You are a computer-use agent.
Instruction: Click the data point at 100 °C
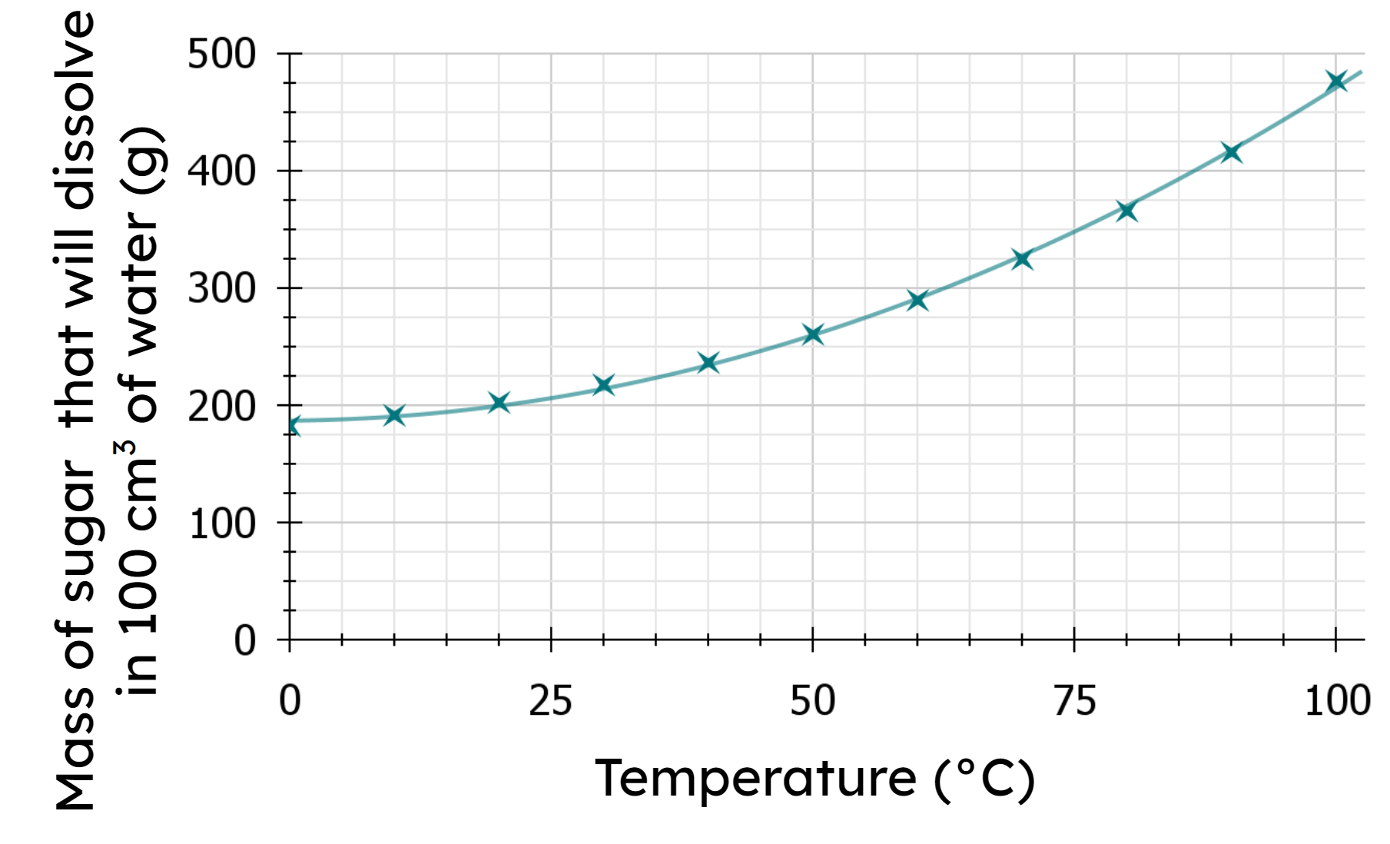click(1336, 81)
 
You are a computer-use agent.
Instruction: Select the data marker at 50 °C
click(813, 334)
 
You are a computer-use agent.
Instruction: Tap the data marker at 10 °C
click(394, 416)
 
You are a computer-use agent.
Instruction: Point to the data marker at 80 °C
click(1126, 211)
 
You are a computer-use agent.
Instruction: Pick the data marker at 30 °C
click(604, 385)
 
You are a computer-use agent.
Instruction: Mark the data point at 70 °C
click(1021, 259)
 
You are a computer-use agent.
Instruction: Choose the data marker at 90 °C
click(1232, 152)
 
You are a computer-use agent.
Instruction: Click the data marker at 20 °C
click(499, 403)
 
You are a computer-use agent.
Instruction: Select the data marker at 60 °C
click(917, 300)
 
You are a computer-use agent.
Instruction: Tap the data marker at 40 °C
click(708, 363)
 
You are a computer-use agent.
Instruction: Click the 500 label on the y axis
click(221, 55)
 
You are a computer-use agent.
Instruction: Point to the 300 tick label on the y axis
click(221, 289)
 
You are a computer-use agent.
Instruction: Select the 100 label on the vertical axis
click(221, 523)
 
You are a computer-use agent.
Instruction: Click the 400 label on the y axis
click(221, 171)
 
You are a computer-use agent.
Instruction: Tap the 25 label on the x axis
click(550, 701)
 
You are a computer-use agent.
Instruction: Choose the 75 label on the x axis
click(1074, 701)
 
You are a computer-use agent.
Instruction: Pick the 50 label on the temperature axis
click(812, 701)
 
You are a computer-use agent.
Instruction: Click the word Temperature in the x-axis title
click(755, 779)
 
